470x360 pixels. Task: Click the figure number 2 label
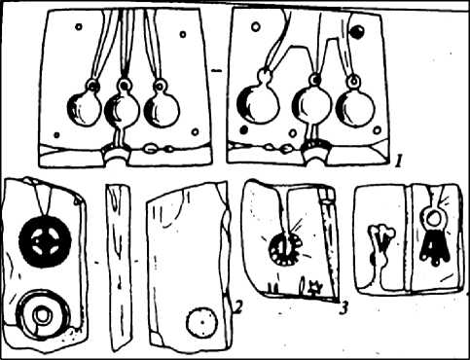(237, 307)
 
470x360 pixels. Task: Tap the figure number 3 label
(343, 306)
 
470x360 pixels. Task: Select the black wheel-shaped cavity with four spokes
(45, 241)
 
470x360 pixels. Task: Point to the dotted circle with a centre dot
(201, 322)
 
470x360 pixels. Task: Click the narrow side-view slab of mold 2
(120, 268)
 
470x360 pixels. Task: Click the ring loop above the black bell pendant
(432, 217)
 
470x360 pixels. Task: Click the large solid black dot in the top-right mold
(357, 32)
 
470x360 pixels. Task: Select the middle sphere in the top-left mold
(122, 110)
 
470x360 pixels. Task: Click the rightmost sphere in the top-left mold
(162, 109)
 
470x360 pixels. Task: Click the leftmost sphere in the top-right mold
(258, 104)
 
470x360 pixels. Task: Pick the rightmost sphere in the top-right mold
(355, 106)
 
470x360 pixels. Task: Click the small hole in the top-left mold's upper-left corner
(79, 26)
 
